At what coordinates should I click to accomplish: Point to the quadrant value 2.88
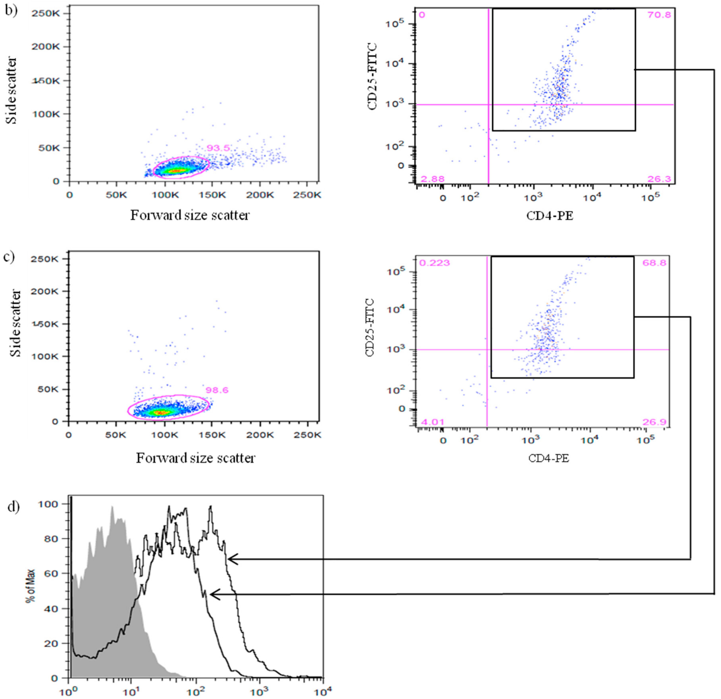[432, 179]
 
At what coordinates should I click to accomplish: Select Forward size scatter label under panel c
[195, 458]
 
